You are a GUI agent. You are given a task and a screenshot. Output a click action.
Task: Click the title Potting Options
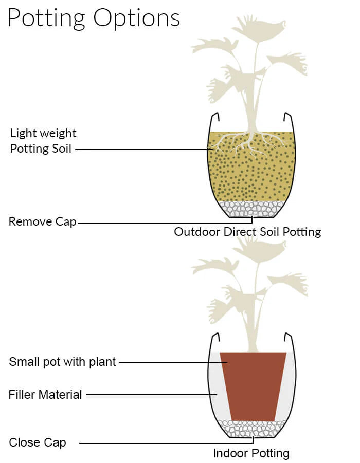click(x=94, y=17)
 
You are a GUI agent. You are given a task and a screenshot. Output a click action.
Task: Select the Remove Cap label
click(x=42, y=222)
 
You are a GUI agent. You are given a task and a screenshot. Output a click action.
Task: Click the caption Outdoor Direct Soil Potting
click(x=247, y=232)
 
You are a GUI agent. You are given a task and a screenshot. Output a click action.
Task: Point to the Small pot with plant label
click(x=63, y=362)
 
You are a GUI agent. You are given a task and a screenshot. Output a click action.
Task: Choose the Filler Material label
click(x=45, y=395)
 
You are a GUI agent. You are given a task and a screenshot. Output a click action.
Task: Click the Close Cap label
click(x=37, y=442)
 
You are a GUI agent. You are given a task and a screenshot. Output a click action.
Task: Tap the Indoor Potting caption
click(x=251, y=453)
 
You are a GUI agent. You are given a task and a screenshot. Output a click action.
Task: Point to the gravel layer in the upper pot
click(x=251, y=208)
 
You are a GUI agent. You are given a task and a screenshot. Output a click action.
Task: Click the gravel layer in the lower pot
click(x=251, y=428)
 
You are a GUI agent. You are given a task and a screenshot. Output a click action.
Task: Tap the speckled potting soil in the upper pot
click(x=251, y=175)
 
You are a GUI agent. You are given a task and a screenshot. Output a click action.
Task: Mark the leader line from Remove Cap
click(x=165, y=223)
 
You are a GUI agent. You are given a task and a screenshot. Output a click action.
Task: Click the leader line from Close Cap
click(x=165, y=443)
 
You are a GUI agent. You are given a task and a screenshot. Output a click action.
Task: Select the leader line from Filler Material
click(x=149, y=395)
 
